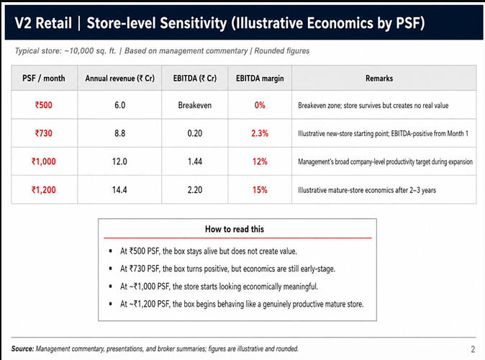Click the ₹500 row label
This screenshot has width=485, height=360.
pos(44,105)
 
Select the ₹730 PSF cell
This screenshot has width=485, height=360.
pos(44,133)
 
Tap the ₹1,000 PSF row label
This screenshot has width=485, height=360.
pos(44,161)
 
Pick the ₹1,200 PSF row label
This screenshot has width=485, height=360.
pos(44,190)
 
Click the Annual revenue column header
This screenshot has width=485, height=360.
pos(119,78)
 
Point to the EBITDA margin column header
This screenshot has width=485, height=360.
pos(260,78)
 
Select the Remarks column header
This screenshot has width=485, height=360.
pos(379,78)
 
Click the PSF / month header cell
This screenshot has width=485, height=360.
pos(44,78)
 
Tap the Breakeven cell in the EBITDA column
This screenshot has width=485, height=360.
pos(195,105)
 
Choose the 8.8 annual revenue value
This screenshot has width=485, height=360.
pos(119,133)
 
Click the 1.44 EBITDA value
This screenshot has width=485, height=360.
pos(195,161)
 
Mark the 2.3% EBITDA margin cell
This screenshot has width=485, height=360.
pos(260,133)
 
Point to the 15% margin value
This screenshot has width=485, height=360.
pos(260,190)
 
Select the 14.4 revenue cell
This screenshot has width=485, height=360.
pos(119,190)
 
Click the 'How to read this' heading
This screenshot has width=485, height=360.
pos(235,229)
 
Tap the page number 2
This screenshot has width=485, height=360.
pos(473,349)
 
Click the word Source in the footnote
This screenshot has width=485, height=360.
pos(22,349)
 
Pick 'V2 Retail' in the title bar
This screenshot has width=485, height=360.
pos(43,23)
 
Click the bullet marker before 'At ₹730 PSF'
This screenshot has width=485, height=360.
pos(110,269)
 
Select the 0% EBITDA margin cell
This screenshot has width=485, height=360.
pos(260,105)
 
